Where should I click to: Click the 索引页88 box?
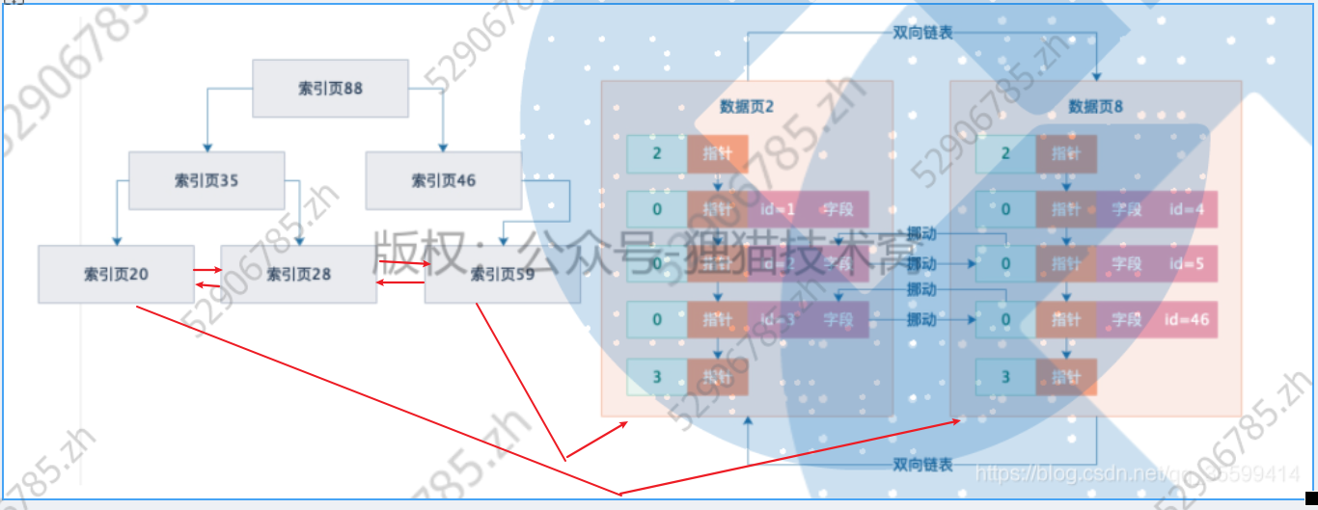pyautogui.click(x=330, y=89)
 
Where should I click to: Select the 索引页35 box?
pyautogui.click(x=206, y=180)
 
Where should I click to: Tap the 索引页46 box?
pyautogui.click(x=443, y=180)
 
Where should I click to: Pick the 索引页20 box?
pyautogui.click(x=116, y=274)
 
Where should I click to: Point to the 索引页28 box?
pyautogui.click(x=298, y=274)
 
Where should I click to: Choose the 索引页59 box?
pyautogui.click(x=502, y=274)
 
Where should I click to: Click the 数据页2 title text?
pyautogui.click(x=747, y=106)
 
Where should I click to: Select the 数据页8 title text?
pyautogui.click(x=1095, y=106)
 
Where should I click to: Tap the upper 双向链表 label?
pyautogui.click(x=922, y=32)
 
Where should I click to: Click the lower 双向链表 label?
pyautogui.click(x=922, y=465)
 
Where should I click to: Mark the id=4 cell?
pyautogui.click(x=1187, y=209)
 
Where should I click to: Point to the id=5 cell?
pyautogui.click(x=1187, y=263)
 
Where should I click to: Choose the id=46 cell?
pyautogui.click(x=1187, y=319)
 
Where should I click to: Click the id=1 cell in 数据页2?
pyautogui.click(x=777, y=209)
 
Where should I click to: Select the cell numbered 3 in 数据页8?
pyautogui.click(x=1005, y=377)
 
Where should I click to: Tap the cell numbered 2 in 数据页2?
pyautogui.click(x=657, y=154)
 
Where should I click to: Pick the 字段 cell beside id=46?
pyautogui.click(x=1126, y=319)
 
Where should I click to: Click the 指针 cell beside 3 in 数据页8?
pyautogui.click(x=1066, y=377)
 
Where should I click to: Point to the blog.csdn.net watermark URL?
pyautogui.click(x=1137, y=473)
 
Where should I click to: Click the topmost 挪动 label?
pyautogui.click(x=920, y=233)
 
